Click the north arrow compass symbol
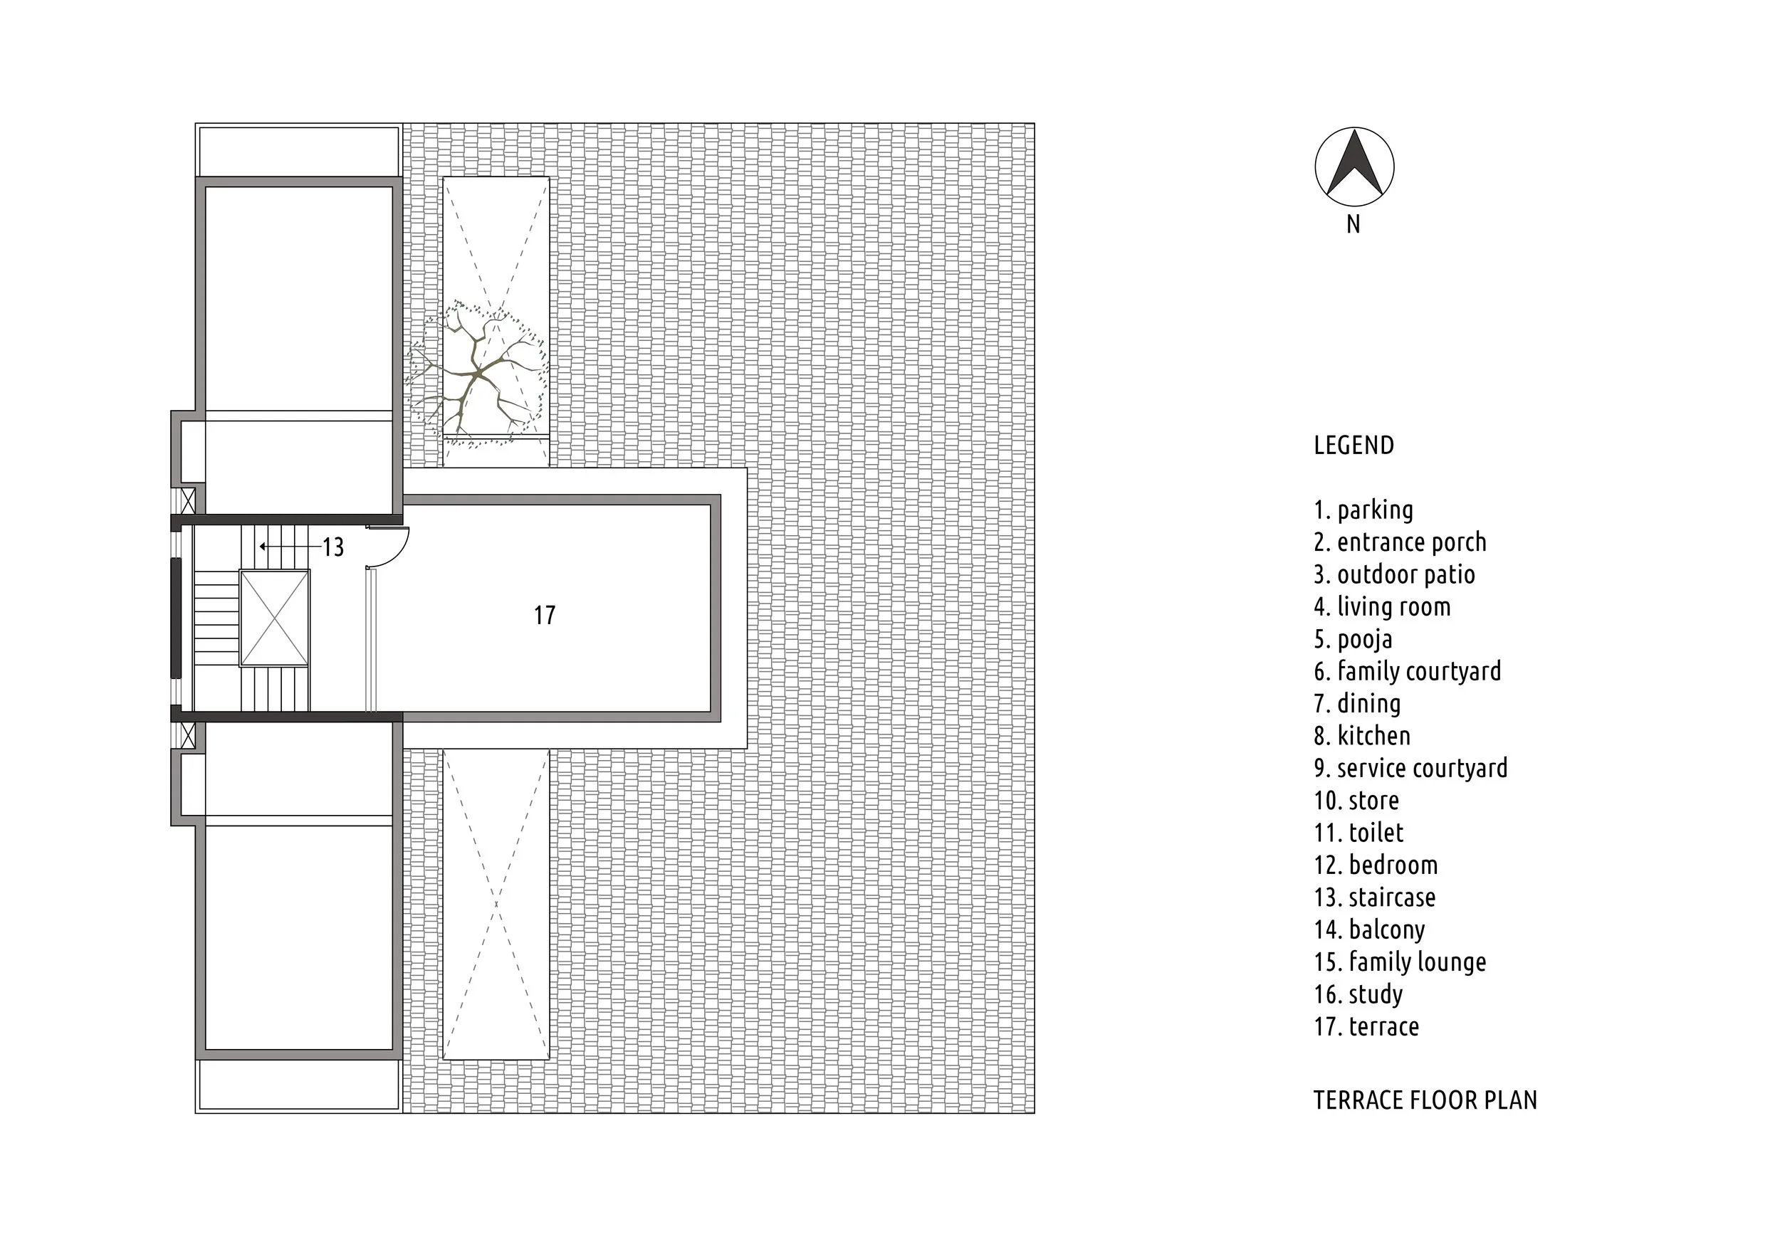point(1354,167)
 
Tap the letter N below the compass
point(1354,224)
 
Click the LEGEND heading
point(1354,445)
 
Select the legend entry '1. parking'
point(1363,510)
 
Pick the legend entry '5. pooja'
point(1353,640)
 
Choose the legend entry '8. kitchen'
point(1362,736)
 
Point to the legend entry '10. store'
point(1356,801)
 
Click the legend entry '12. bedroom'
point(1376,865)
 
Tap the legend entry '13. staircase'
point(1374,897)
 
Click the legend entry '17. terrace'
point(1366,1027)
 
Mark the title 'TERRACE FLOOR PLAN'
point(1425,1100)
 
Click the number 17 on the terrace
point(545,616)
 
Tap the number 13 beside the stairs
point(333,547)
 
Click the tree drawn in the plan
point(478,376)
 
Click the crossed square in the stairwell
point(275,618)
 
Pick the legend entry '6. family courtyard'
point(1408,671)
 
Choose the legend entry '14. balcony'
point(1370,929)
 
